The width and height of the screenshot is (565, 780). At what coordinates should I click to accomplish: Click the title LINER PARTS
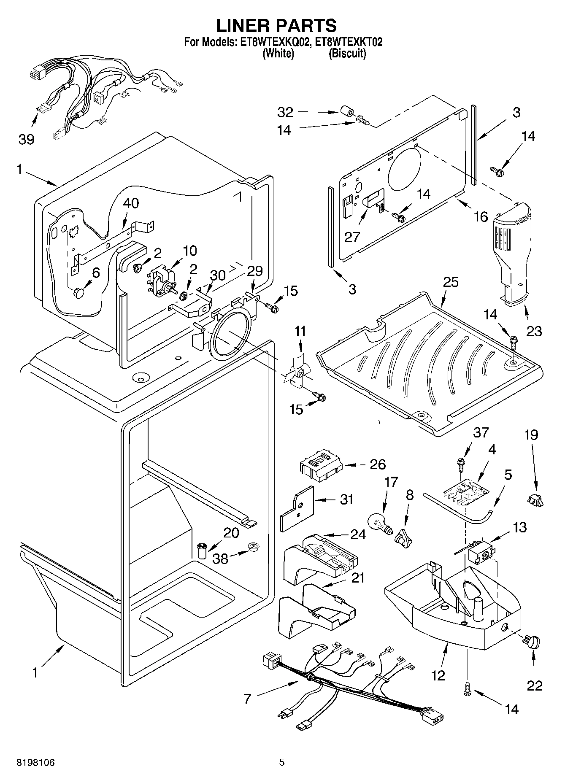276,26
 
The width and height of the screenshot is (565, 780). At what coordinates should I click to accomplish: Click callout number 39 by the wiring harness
26,139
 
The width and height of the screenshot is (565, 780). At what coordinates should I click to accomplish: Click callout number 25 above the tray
451,282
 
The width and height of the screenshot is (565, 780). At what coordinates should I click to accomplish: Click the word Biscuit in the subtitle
347,54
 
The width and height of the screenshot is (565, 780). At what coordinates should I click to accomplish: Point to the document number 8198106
35,762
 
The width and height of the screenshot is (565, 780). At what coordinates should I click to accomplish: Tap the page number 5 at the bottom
282,762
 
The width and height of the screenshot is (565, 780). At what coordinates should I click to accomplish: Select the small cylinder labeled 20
202,551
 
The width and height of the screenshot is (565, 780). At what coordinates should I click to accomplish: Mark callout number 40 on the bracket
131,203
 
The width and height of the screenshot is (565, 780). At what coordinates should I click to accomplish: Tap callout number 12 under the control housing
438,675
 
